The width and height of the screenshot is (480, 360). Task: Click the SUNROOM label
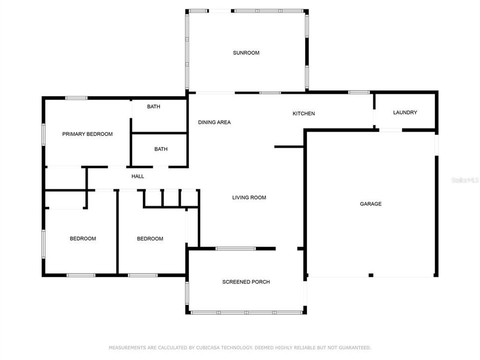pos(246,52)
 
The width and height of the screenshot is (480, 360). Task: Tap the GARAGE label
pos(370,203)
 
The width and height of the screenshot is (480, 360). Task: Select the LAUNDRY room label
pos(404,112)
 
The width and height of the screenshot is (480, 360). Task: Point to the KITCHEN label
pos(303,113)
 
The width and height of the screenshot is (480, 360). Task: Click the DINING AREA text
pos(214,122)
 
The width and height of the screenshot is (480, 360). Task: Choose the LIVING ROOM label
pos(249,197)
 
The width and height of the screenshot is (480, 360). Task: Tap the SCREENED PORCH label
pos(246,282)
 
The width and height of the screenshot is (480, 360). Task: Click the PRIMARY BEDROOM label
pos(87,134)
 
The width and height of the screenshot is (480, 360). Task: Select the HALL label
pos(137,176)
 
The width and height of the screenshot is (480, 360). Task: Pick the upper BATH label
pos(153,106)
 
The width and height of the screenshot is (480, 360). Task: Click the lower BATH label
pos(160,149)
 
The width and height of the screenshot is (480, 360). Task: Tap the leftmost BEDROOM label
pos(82,238)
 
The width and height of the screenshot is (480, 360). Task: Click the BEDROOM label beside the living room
pos(150,238)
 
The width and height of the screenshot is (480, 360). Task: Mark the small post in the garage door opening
pos(370,275)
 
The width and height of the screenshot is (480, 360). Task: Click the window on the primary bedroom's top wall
pos(76,98)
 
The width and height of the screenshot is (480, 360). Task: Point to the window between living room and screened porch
pos(235,248)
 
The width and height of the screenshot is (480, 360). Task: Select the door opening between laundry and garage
pos(390,130)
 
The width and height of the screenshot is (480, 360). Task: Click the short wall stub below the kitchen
pos(289,146)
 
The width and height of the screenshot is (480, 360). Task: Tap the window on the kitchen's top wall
pos(358,92)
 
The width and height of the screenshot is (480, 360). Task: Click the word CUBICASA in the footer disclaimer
pos(216,347)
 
